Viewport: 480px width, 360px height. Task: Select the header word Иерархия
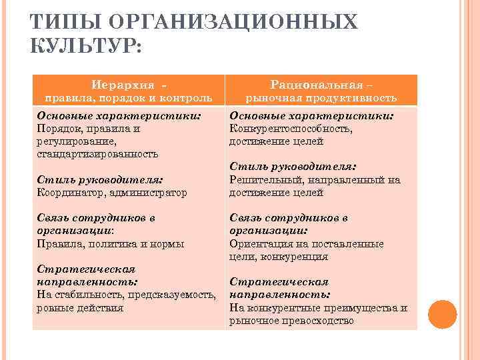(124, 85)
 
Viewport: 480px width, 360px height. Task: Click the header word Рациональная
(317, 85)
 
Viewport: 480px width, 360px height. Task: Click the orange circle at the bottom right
(442, 313)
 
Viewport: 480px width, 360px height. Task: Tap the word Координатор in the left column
(66, 193)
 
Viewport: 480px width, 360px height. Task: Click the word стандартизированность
(97, 154)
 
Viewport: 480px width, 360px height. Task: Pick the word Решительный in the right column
(261, 180)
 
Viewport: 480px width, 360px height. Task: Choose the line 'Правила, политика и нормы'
(110, 244)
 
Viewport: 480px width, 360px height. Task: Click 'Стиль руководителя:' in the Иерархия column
(101, 180)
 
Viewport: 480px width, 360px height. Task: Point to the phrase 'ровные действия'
(80, 307)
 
